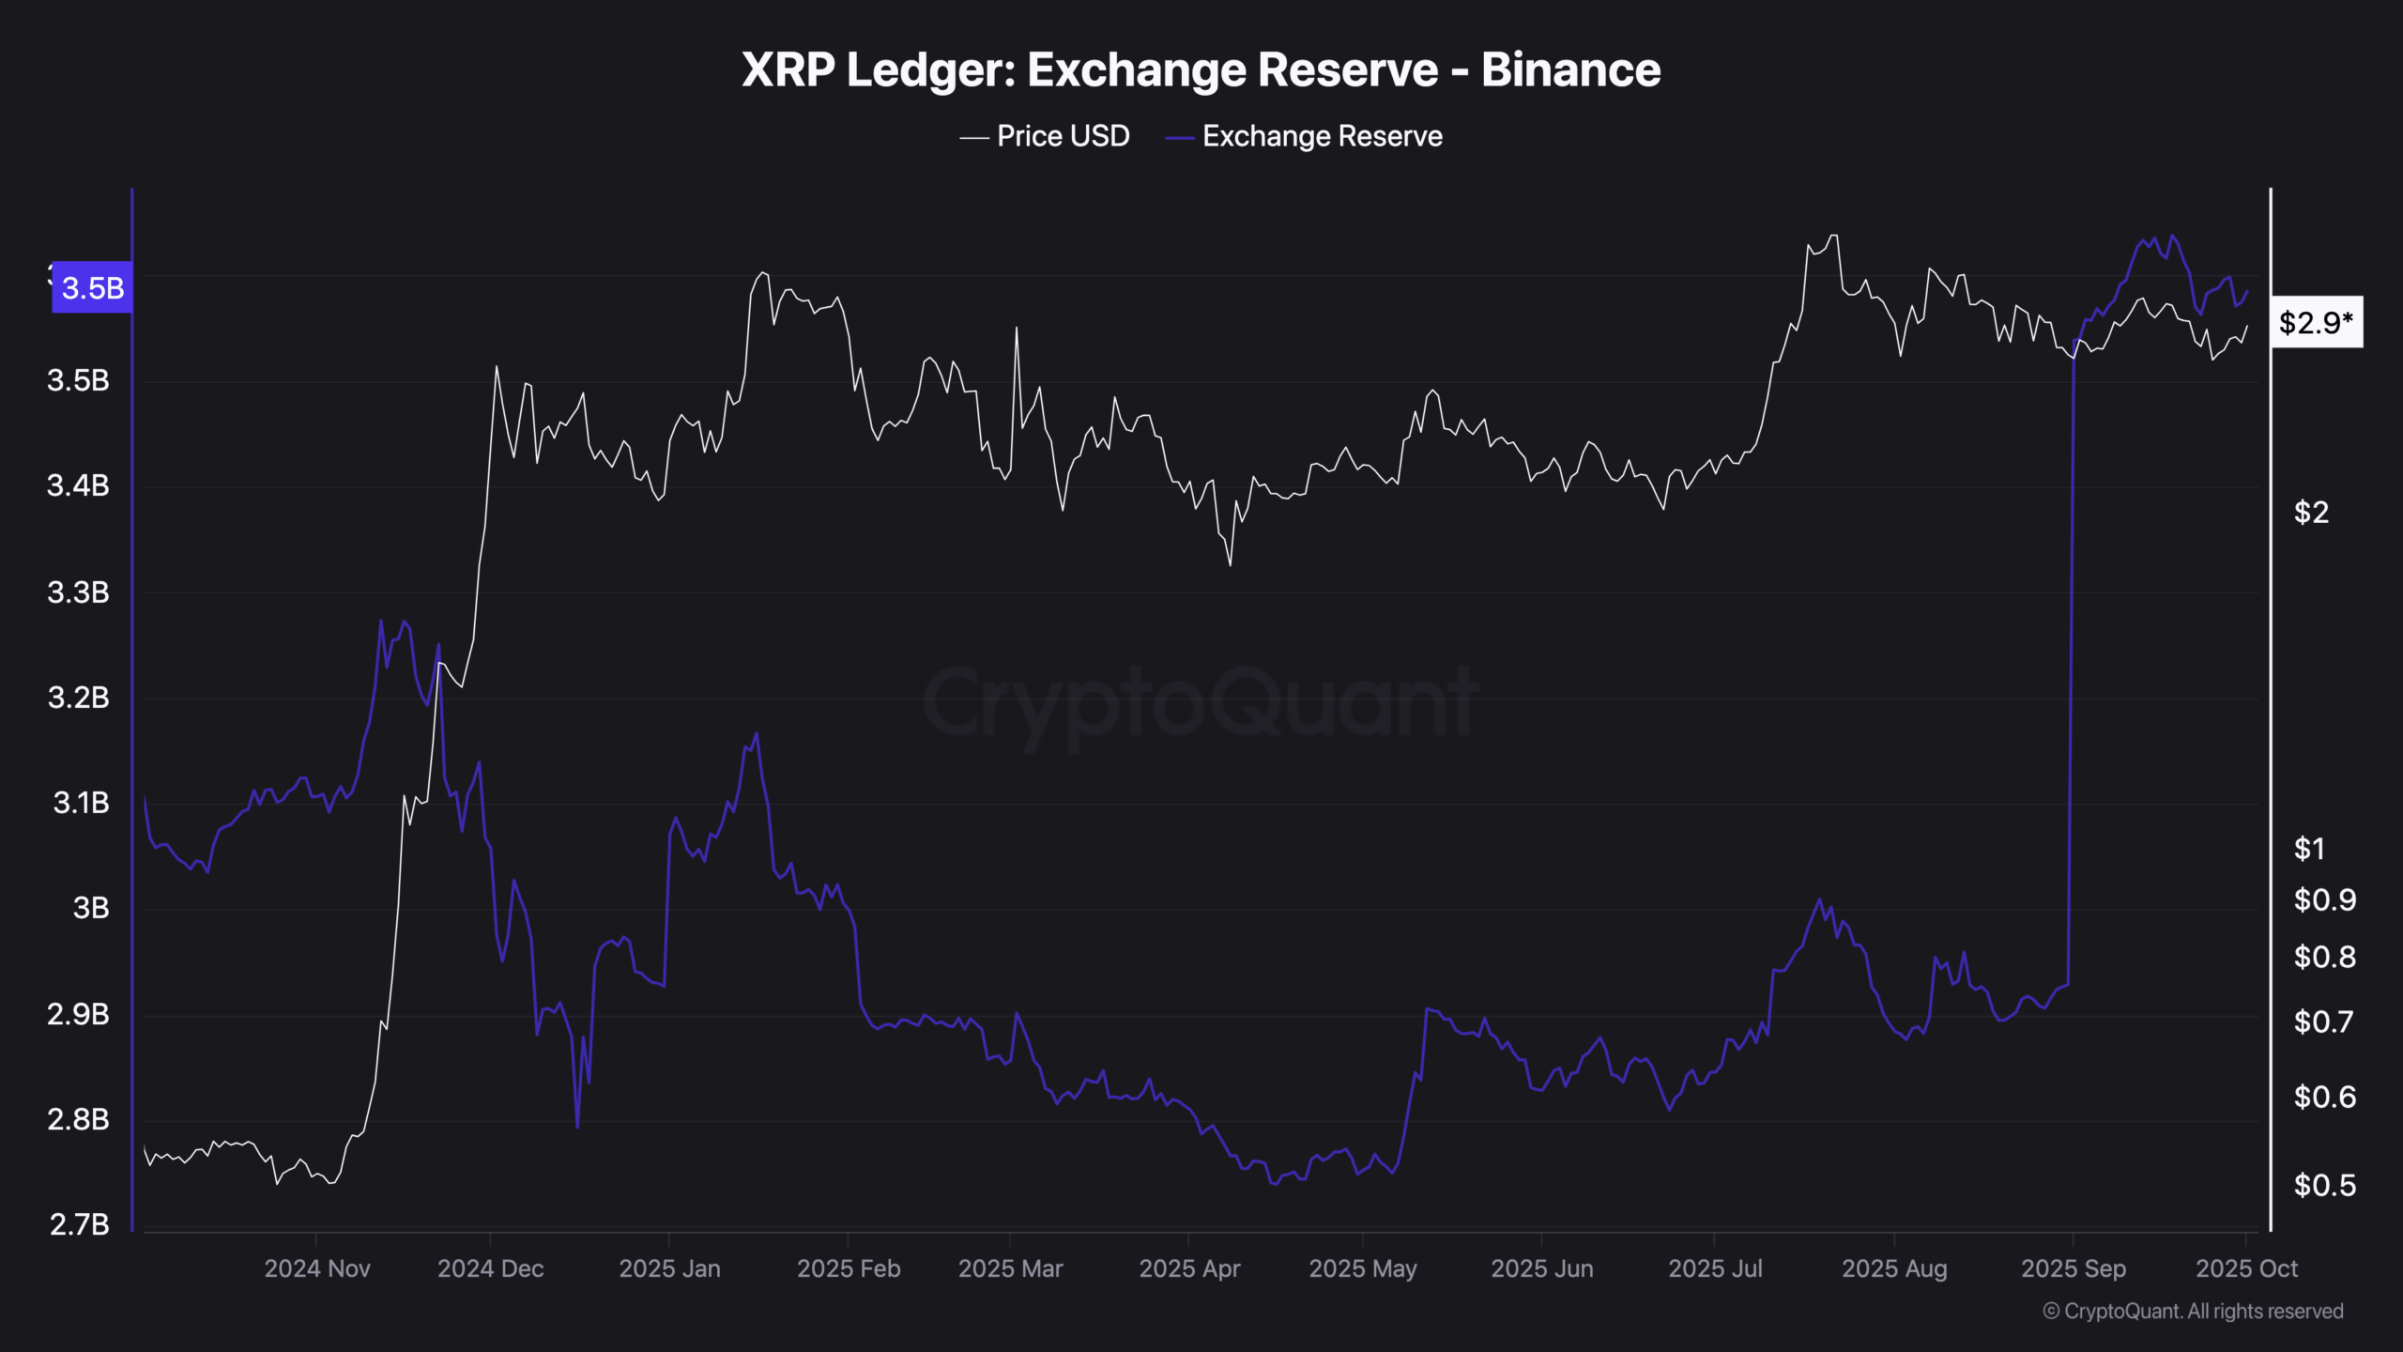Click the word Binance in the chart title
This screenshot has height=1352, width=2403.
pos(1570,69)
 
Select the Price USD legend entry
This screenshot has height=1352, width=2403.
pos(1044,136)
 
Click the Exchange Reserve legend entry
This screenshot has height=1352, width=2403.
pos(1304,136)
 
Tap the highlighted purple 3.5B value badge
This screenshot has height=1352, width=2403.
pos(92,287)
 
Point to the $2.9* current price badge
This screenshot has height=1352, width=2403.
pos(2316,323)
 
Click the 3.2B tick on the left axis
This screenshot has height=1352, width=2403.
pos(79,698)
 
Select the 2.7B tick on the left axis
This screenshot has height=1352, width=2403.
pos(79,1224)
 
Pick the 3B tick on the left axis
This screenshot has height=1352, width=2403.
pos(90,908)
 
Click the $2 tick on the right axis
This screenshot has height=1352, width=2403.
pos(2311,513)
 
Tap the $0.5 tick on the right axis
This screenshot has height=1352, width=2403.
pos(2324,1186)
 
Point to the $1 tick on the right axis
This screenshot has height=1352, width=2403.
pos(2309,849)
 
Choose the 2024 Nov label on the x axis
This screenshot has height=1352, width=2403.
pos(317,1268)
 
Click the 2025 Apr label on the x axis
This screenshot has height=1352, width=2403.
pos(1189,1268)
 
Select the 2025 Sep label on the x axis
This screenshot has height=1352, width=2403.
pos(2073,1268)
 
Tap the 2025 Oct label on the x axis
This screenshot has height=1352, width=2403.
pos(2246,1268)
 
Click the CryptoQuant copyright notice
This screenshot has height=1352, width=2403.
pos(2193,1312)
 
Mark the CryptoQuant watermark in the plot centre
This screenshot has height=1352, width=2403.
pos(1201,702)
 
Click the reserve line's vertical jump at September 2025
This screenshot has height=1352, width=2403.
pos(2071,657)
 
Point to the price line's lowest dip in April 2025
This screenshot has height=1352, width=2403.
pos(1230,563)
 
